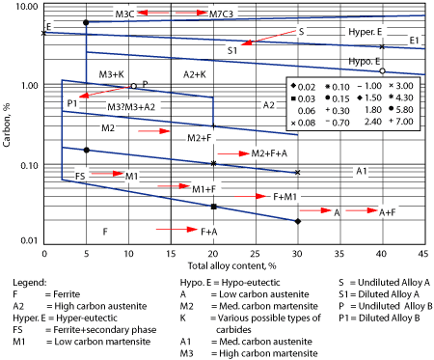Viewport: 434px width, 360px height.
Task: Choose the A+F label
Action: pos(387,211)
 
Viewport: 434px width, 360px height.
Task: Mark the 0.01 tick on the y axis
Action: pos(28,241)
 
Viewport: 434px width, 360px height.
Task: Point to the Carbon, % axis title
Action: pos(8,124)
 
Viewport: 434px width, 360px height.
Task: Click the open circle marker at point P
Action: pos(133,86)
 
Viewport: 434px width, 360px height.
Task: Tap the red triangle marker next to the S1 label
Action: pos(248,42)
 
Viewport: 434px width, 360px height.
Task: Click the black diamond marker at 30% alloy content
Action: pos(297,221)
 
